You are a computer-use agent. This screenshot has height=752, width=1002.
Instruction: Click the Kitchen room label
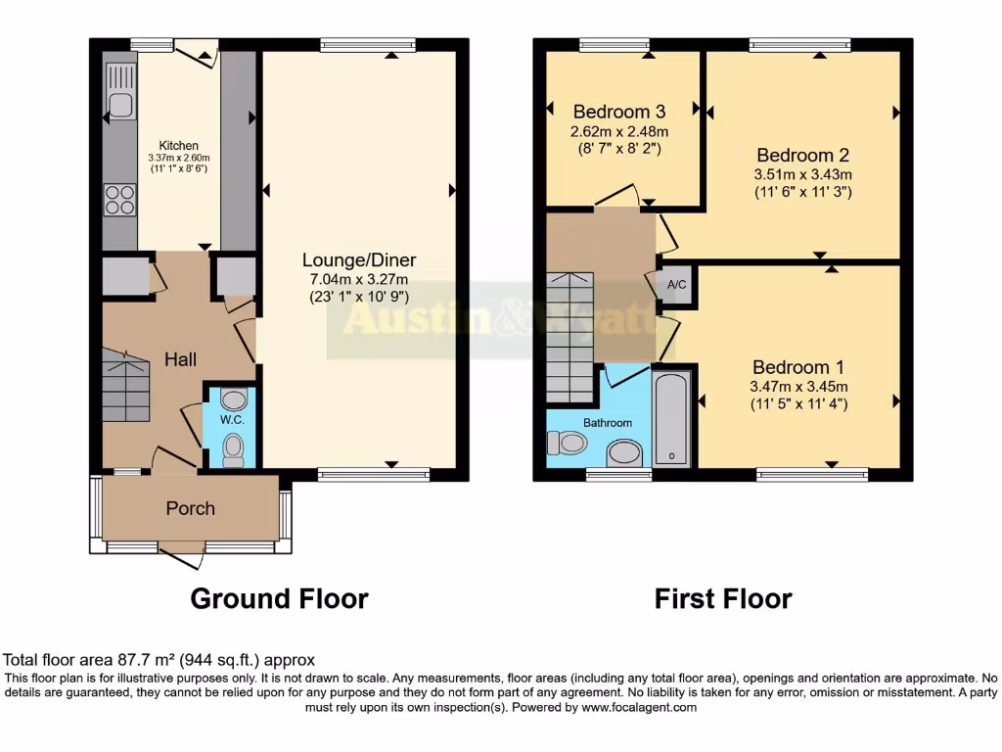179,145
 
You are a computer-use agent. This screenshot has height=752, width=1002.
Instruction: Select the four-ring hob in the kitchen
120,200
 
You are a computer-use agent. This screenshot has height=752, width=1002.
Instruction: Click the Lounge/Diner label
358,260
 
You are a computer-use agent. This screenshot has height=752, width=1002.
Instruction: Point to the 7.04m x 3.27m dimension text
358,278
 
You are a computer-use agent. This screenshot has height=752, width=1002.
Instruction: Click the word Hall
179,359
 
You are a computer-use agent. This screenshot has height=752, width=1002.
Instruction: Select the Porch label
190,508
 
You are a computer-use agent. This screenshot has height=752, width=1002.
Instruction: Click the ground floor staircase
125,388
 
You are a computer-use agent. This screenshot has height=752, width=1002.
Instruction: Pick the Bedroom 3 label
620,111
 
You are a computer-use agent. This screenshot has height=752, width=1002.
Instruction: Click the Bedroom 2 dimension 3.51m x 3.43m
803,174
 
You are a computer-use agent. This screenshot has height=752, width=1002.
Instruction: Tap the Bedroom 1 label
798,367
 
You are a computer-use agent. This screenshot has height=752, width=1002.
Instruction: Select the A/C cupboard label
675,285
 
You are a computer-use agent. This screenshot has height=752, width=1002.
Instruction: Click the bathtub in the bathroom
671,417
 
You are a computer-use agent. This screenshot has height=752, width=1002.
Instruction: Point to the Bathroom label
608,423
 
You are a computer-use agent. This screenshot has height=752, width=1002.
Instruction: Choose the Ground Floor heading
279,598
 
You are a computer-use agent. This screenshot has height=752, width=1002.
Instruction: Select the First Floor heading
723,598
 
